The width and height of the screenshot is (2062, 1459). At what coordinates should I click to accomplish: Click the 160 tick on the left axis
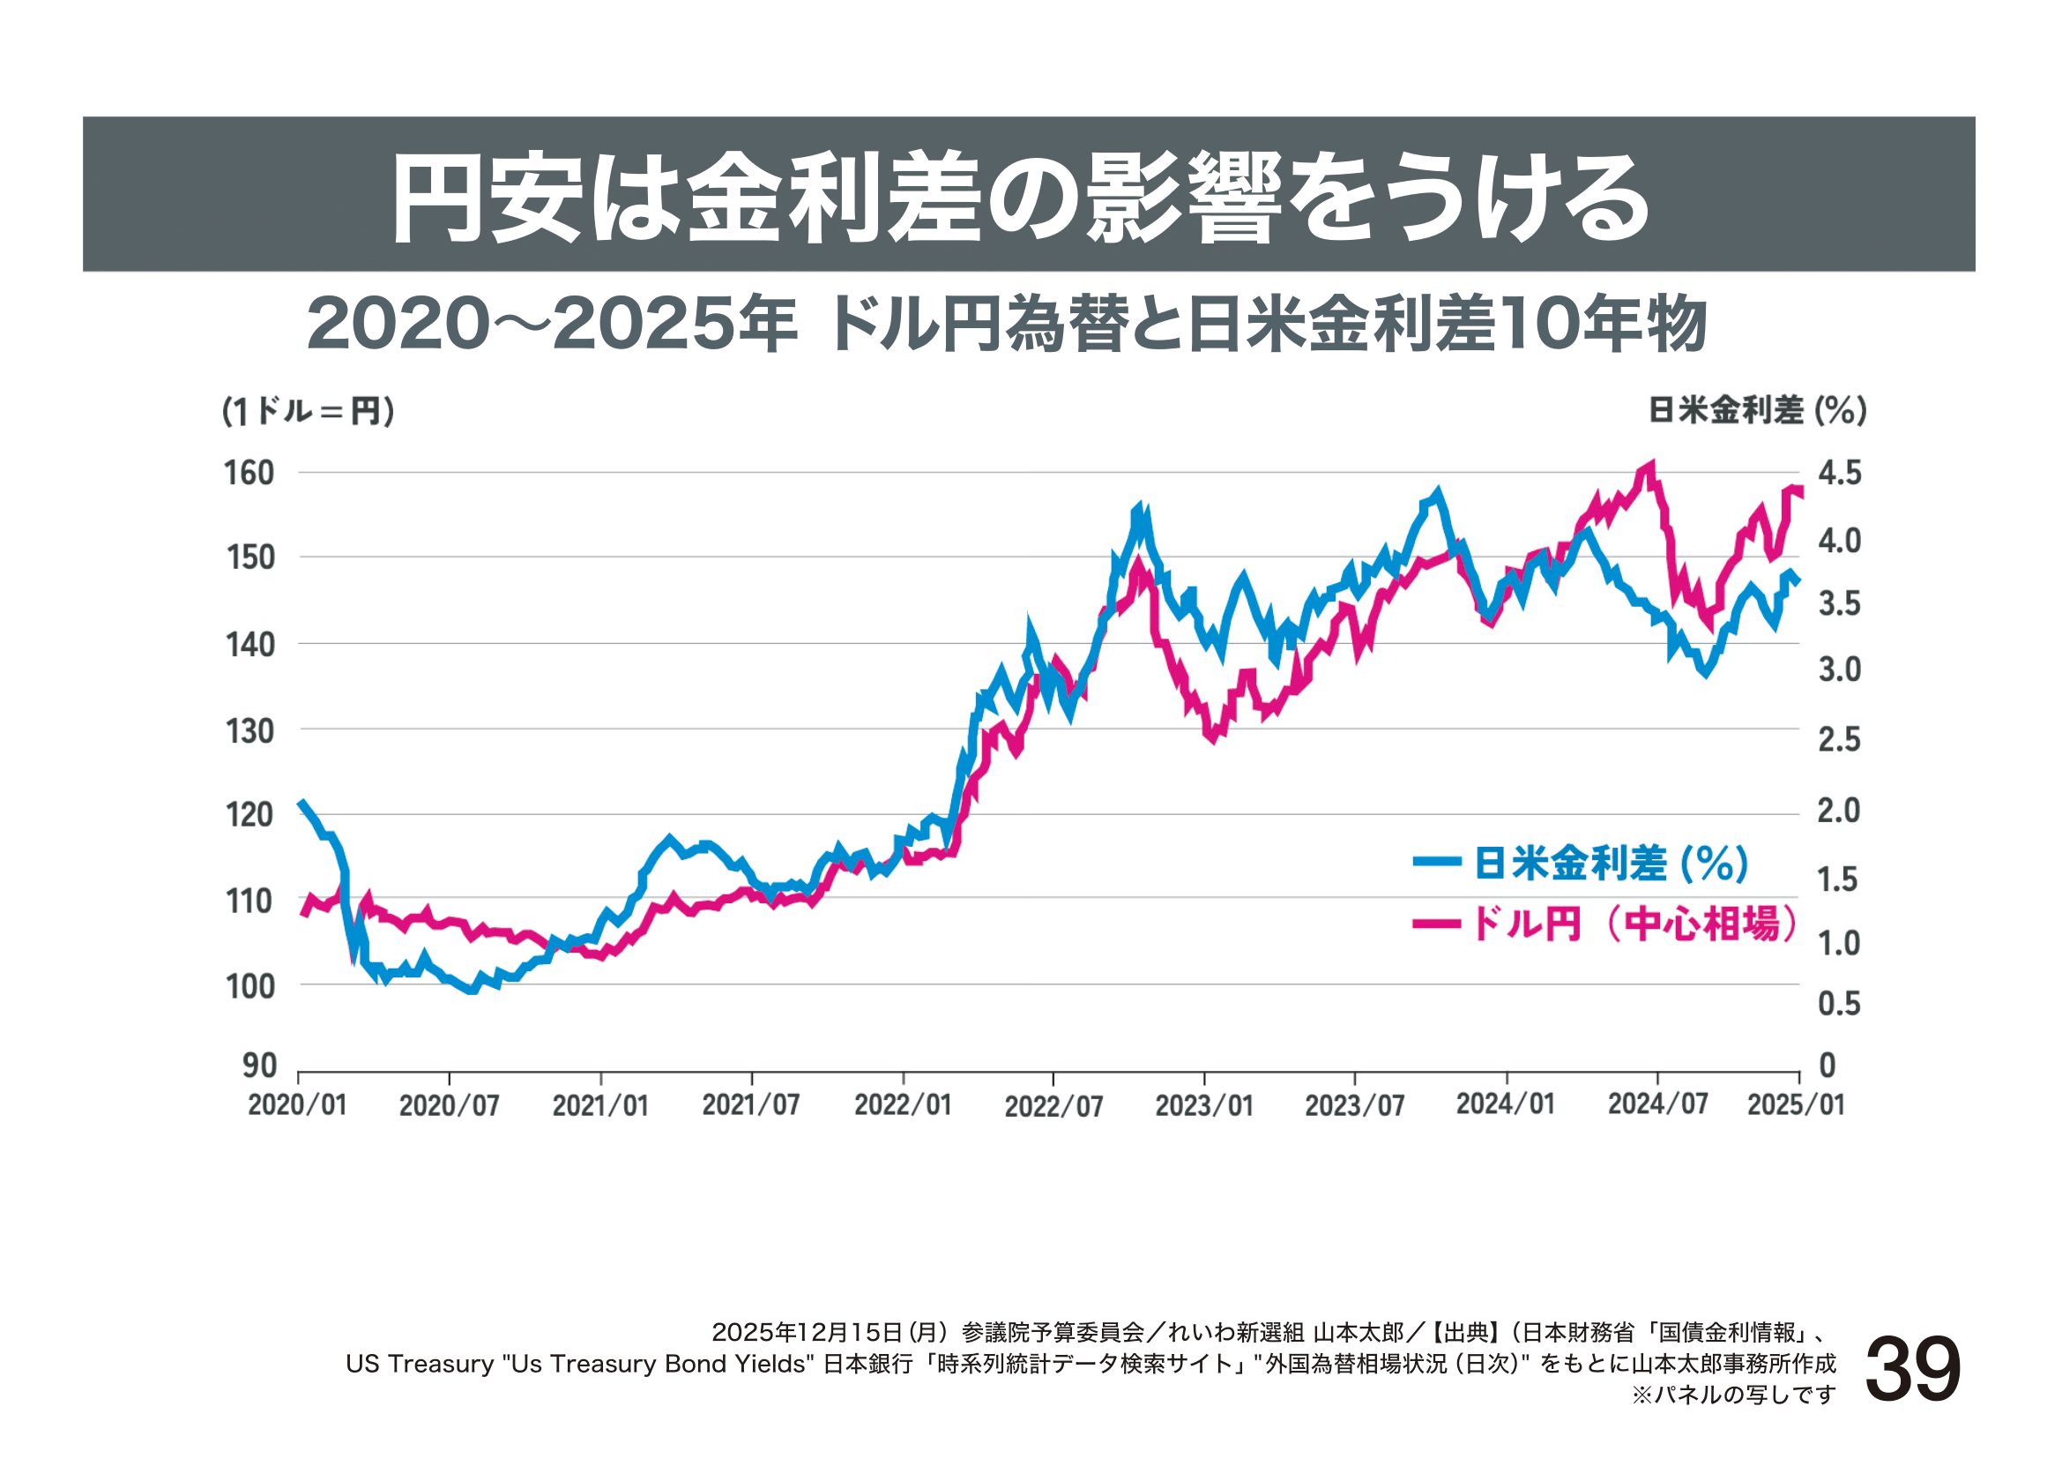pyautogui.click(x=249, y=474)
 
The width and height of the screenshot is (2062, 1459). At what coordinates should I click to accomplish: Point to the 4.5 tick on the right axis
pyautogui.click(x=1839, y=474)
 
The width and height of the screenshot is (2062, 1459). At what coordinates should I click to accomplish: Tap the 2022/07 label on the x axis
pyautogui.click(x=1053, y=1106)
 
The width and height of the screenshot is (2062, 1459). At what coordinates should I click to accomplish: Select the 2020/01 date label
pyautogui.click(x=297, y=1105)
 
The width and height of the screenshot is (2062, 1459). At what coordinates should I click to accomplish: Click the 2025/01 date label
pyautogui.click(x=1796, y=1105)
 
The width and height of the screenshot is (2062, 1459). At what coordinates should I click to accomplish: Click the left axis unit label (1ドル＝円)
pyautogui.click(x=308, y=411)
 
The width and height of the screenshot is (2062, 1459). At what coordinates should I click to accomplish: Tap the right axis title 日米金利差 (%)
pyautogui.click(x=1757, y=410)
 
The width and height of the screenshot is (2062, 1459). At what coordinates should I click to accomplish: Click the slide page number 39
pyautogui.click(x=1913, y=1369)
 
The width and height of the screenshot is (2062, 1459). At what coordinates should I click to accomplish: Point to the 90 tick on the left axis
pyautogui.click(x=258, y=1066)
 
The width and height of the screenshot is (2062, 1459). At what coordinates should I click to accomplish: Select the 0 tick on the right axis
pyautogui.click(x=1828, y=1066)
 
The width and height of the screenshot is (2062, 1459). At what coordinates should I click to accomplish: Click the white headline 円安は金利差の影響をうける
pyautogui.click(x=1020, y=198)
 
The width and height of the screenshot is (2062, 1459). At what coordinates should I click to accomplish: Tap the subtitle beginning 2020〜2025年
pyautogui.click(x=1006, y=324)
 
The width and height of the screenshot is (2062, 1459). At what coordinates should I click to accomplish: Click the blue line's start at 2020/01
pyautogui.click(x=301, y=804)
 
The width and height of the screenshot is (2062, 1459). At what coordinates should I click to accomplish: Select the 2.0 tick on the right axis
pyautogui.click(x=1838, y=812)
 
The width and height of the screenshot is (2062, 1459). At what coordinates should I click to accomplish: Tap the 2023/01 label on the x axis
pyautogui.click(x=1203, y=1106)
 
